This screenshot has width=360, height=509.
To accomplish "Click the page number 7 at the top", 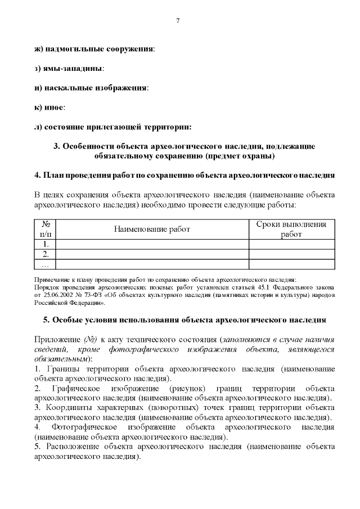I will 178,21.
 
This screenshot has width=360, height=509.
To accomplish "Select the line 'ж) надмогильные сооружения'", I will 94,49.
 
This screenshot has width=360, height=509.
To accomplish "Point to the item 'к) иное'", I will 49,107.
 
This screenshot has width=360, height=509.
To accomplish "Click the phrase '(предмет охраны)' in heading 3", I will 239,155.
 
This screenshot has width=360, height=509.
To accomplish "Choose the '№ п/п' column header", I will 46,229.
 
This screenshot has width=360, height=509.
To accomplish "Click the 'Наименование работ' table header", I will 152,229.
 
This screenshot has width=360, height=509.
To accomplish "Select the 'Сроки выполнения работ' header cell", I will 291,229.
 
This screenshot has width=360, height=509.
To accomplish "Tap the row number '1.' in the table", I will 46,244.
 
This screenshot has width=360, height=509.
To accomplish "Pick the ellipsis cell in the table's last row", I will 46,264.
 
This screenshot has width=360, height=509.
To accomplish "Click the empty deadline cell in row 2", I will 291,254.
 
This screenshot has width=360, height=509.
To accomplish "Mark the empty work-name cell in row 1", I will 152,244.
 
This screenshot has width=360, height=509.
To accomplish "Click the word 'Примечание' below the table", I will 51,280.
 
